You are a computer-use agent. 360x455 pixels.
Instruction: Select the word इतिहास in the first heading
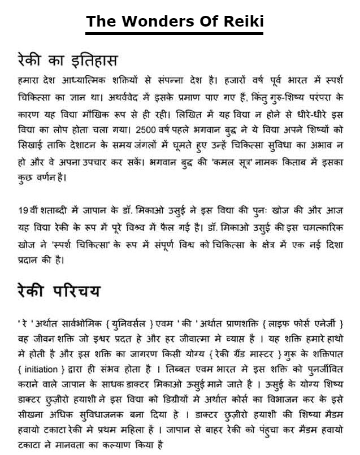(92, 60)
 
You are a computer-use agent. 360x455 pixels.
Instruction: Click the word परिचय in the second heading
(76, 291)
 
